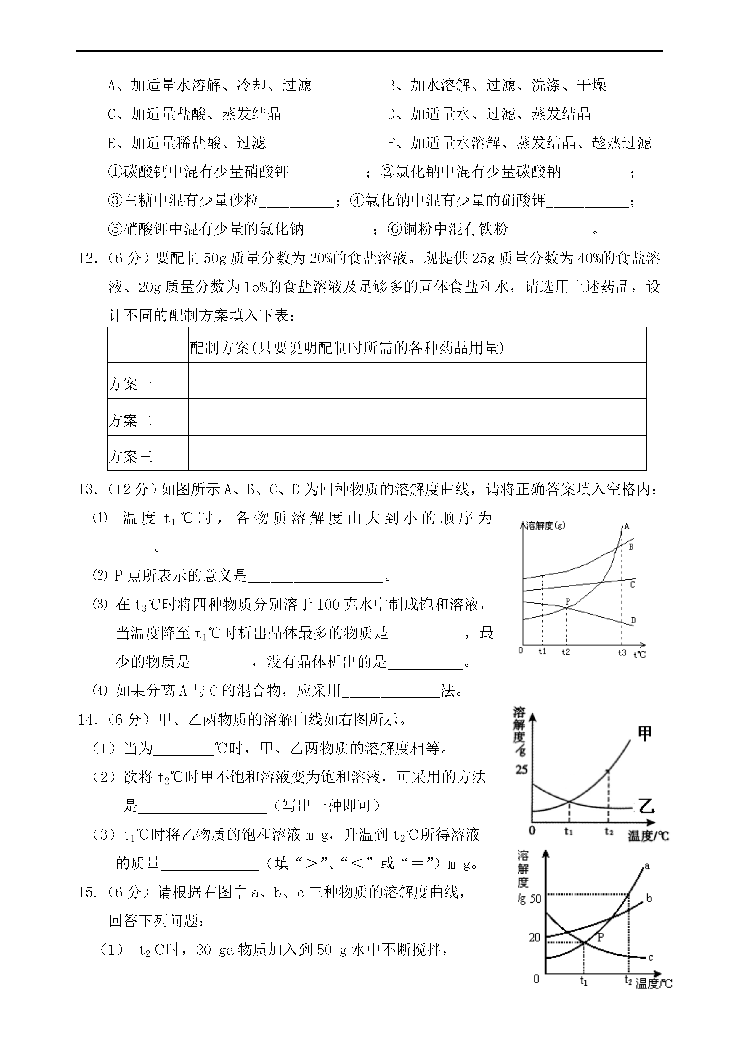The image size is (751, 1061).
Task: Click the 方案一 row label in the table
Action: (x=130, y=384)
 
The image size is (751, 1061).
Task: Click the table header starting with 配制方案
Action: (x=346, y=348)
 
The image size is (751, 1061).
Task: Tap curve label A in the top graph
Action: (x=627, y=526)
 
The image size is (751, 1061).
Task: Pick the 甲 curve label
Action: (x=645, y=733)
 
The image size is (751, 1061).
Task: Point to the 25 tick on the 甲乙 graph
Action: (x=521, y=770)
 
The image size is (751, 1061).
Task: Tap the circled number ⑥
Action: (x=394, y=229)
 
